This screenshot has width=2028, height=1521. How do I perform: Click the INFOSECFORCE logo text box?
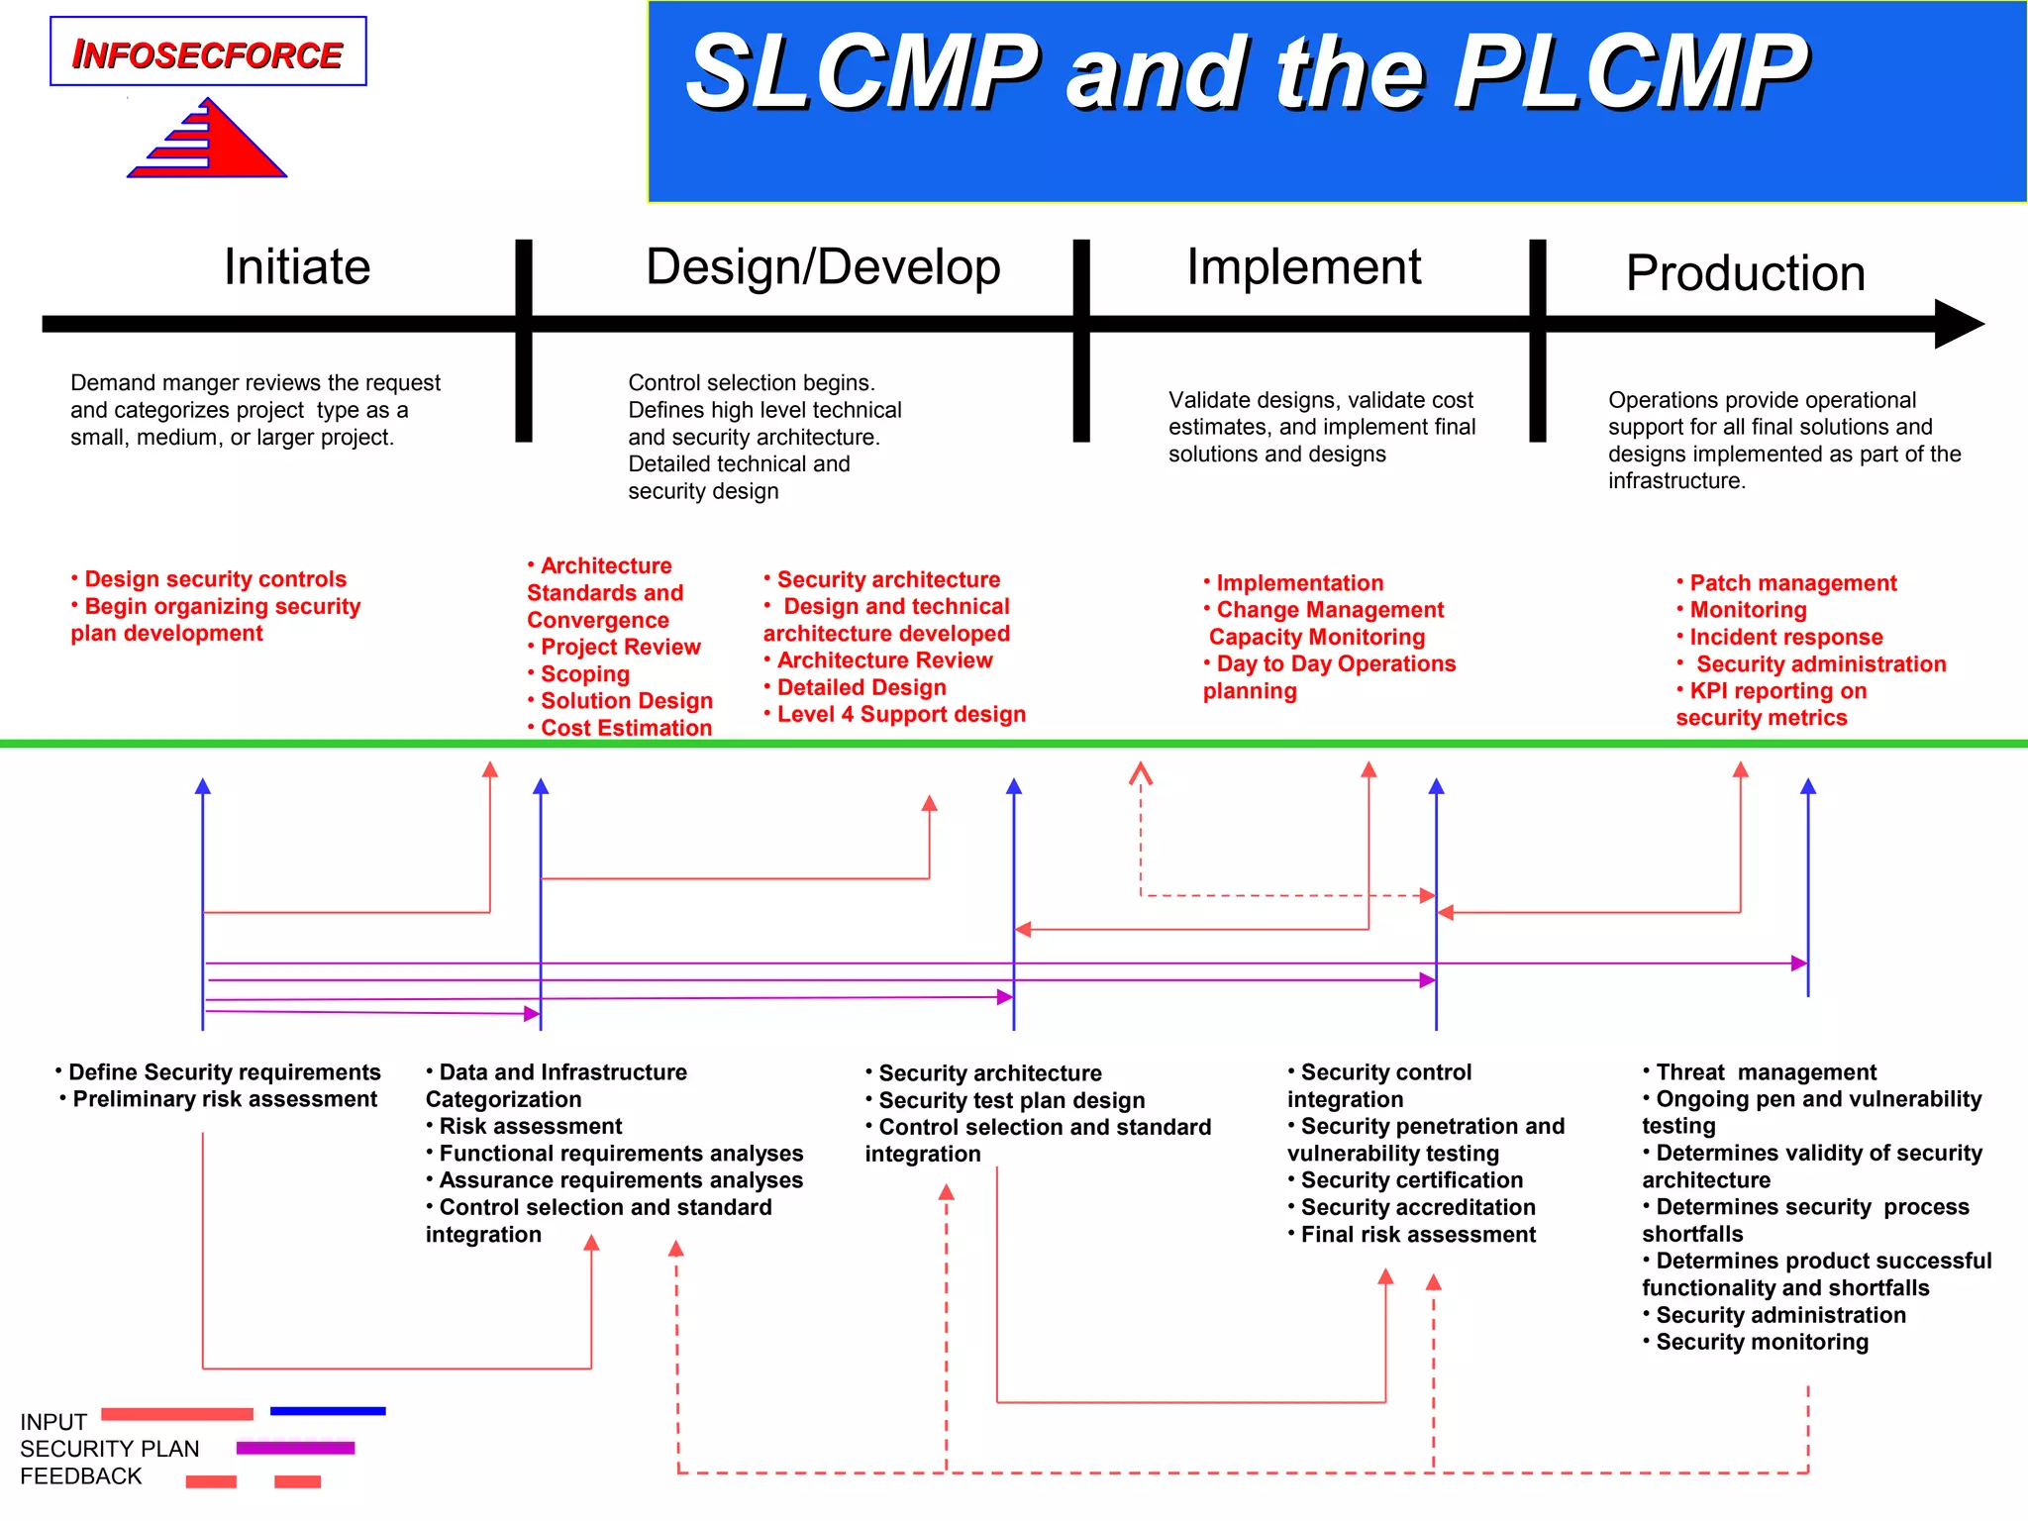coord(208,52)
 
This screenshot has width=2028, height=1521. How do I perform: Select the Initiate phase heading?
coord(297,266)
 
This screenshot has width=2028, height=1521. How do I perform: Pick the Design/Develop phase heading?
coord(823,266)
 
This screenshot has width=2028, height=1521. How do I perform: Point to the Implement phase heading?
coord(1303,266)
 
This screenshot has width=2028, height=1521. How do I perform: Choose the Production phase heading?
coord(1745,272)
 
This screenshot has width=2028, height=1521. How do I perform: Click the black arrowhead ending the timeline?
coord(1958,324)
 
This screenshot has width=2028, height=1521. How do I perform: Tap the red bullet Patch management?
coord(1792,583)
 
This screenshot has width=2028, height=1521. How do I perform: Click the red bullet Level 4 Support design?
coord(900,714)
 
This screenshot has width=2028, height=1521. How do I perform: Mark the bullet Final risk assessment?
coord(1417,1235)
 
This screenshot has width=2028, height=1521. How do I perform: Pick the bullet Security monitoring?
coord(1762,1342)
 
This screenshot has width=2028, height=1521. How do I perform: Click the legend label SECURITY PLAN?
coord(110,1449)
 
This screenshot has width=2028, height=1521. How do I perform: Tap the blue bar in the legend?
coord(328,1411)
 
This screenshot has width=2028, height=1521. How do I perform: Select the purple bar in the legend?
coord(295,1448)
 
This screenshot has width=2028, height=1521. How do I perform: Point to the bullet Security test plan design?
coord(1011,1100)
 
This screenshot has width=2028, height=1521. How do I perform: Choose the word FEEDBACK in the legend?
coord(81,1476)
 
